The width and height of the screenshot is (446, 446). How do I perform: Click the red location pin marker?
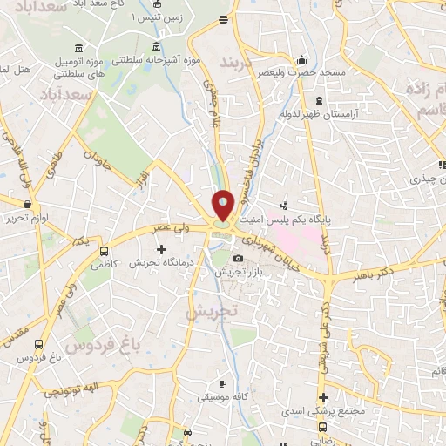223,205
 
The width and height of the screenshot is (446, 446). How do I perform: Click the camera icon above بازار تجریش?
239,259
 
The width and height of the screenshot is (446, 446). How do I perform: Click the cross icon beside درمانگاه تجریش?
160,249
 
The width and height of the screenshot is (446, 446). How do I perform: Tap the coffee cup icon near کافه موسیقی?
222,383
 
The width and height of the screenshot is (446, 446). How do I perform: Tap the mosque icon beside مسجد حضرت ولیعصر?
301,59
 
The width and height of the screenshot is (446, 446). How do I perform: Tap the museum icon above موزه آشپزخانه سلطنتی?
156,46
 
